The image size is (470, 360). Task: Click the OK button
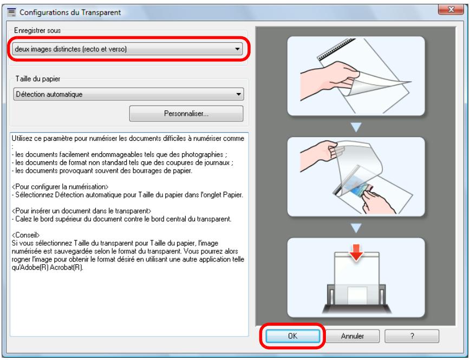click(x=292, y=336)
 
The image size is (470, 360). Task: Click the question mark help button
click(x=412, y=336)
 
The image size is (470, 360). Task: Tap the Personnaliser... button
click(x=186, y=114)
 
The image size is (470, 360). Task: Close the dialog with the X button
click(x=451, y=10)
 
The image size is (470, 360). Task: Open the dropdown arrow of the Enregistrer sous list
click(x=237, y=49)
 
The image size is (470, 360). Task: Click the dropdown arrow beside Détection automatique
click(x=239, y=94)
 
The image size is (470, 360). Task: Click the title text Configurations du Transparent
click(x=70, y=12)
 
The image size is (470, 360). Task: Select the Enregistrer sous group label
click(x=37, y=30)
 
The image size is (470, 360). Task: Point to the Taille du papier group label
click(x=38, y=79)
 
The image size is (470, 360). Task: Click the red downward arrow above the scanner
click(x=356, y=252)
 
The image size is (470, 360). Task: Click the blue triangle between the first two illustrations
click(x=356, y=127)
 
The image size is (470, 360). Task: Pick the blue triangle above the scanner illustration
click(x=356, y=228)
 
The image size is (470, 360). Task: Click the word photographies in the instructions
click(x=203, y=155)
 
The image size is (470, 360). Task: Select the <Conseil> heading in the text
click(x=26, y=235)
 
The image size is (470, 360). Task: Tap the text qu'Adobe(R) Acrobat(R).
click(x=47, y=267)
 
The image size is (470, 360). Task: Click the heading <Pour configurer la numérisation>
click(x=60, y=187)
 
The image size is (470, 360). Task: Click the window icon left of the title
click(x=11, y=12)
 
